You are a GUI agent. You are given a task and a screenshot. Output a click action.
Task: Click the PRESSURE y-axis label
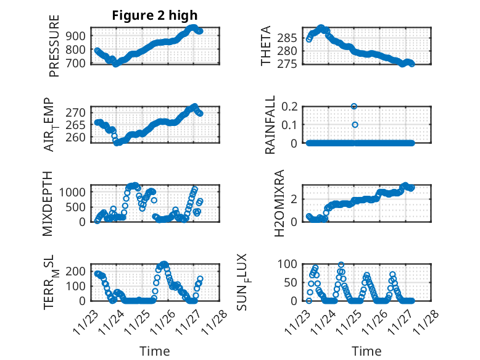[x=54, y=46]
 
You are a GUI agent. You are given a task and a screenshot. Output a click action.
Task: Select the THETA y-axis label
[x=266, y=46]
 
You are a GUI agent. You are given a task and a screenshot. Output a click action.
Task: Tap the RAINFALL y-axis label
[x=270, y=125]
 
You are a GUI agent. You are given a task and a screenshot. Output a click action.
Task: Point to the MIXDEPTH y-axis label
[x=48, y=203]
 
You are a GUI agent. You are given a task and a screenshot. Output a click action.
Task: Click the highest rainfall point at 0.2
[x=354, y=106]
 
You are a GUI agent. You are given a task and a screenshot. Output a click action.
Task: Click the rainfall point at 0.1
[x=354, y=125]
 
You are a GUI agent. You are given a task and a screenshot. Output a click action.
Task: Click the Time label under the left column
[x=154, y=351]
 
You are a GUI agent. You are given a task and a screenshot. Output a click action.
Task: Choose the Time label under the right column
[x=366, y=351]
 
